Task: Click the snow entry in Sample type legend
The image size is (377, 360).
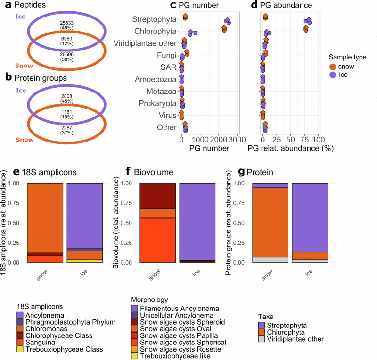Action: coord(345,67)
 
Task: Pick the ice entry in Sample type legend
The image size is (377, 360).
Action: coord(344,75)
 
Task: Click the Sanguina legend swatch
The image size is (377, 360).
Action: coord(20,341)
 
